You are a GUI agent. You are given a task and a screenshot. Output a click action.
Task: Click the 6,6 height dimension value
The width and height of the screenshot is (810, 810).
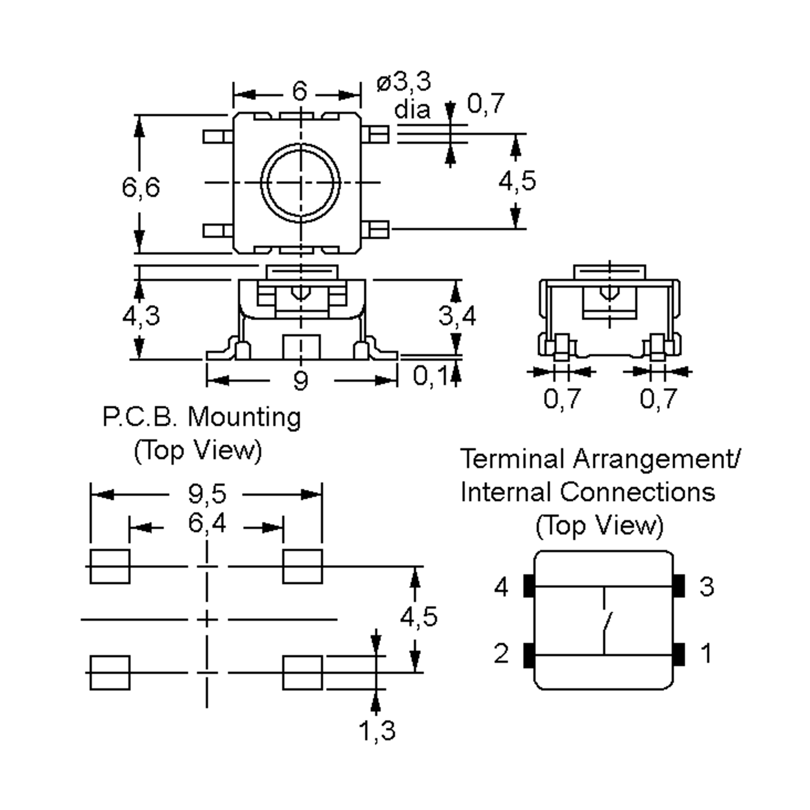(x=141, y=187)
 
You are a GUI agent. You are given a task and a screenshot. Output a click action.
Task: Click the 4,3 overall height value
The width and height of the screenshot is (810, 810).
(x=141, y=315)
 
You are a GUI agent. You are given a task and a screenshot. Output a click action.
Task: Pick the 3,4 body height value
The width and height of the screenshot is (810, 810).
(x=457, y=315)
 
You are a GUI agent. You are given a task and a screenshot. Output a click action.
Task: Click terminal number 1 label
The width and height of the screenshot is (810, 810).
(x=706, y=653)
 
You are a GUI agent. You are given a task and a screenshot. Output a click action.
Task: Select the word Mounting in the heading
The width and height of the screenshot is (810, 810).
(x=244, y=417)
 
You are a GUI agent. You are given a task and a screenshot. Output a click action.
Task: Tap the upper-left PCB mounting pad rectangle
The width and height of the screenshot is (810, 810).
(x=110, y=566)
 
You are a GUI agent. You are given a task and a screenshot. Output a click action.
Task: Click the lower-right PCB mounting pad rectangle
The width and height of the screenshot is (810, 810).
(x=302, y=673)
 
